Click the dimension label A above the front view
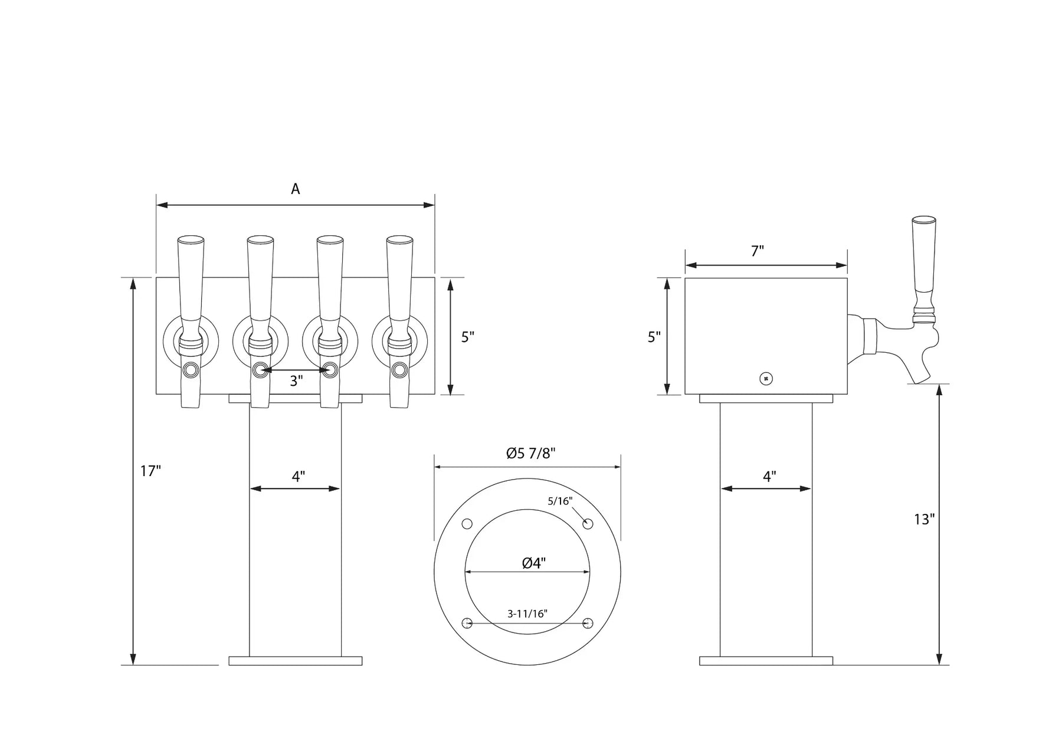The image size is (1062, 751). coord(296,189)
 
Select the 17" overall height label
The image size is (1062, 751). coord(150,471)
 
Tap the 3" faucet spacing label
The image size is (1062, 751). coord(296,381)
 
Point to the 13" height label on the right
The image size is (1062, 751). coord(925,520)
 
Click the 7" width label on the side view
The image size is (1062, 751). coord(758,251)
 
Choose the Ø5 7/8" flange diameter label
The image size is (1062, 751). coord(531,453)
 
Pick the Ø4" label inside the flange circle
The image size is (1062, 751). coord(534,563)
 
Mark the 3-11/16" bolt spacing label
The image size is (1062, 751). coord(527,614)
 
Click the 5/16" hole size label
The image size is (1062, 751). coord(560,501)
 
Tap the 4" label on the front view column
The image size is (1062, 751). coord(299,477)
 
